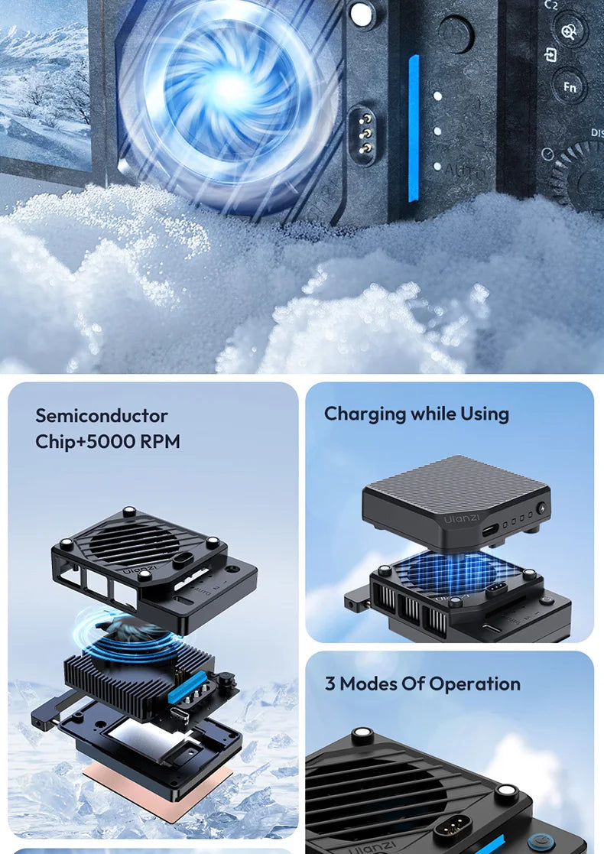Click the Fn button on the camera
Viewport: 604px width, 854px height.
[x=570, y=86]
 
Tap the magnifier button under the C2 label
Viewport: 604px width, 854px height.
[x=570, y=31]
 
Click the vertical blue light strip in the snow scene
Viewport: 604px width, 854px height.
[x=414, y=128]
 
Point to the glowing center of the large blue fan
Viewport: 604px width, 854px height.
[x=229, y=89]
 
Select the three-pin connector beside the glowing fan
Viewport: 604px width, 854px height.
[x=365, y=132]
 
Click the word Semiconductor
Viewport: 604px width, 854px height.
[x=102, y=416]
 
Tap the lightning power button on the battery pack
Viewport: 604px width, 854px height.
[x=542, y=507]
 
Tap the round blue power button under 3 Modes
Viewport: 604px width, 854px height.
[x=540, y=839]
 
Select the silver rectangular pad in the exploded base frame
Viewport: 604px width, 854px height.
[x=145, y=738]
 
